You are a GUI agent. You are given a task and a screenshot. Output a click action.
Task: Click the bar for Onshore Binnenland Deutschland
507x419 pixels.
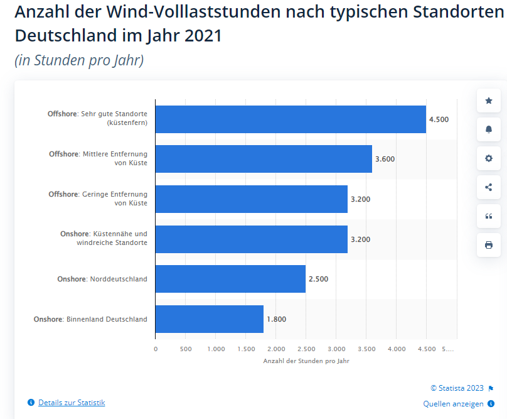tap(209, 319)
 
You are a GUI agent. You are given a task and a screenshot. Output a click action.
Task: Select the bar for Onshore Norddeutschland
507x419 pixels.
tap(230, 279)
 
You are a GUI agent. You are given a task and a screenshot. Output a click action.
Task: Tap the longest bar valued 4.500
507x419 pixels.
tap(291, 119)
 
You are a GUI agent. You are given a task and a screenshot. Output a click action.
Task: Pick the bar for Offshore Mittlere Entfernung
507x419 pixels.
tap(264, 159)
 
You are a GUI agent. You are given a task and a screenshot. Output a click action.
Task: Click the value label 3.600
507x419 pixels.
tap(385, 159)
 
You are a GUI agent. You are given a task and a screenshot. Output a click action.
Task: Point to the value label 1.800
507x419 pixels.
tap(276, 319)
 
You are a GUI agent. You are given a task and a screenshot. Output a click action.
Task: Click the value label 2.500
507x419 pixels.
tap(318, 279)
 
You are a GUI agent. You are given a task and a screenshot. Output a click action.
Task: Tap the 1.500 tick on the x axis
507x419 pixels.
tap(245, 349)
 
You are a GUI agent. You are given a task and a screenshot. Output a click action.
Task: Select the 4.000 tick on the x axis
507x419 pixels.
tap(396, 349)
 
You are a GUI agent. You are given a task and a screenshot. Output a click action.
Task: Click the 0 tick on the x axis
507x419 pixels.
tap(156, 349)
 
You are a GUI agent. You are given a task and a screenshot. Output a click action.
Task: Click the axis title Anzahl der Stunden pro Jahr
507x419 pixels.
tap(306, 361)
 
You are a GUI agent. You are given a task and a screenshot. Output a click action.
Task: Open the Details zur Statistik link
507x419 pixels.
tap(72, 402)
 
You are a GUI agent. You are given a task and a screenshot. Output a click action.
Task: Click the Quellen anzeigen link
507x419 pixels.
tap(453, 403)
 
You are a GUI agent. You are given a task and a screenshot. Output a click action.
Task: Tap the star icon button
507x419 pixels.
tap(489, 101)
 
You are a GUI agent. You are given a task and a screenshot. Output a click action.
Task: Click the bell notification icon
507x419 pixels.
tap(489, 129)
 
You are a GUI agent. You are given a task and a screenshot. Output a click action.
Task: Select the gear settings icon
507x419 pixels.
tap(489, 158)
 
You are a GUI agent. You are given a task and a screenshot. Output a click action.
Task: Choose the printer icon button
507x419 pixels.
tap(489, 245)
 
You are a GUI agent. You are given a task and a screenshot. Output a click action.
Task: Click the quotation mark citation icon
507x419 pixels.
tap(489, 216)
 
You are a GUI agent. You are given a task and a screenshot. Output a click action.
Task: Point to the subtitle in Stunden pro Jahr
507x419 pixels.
tap(79, 60)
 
